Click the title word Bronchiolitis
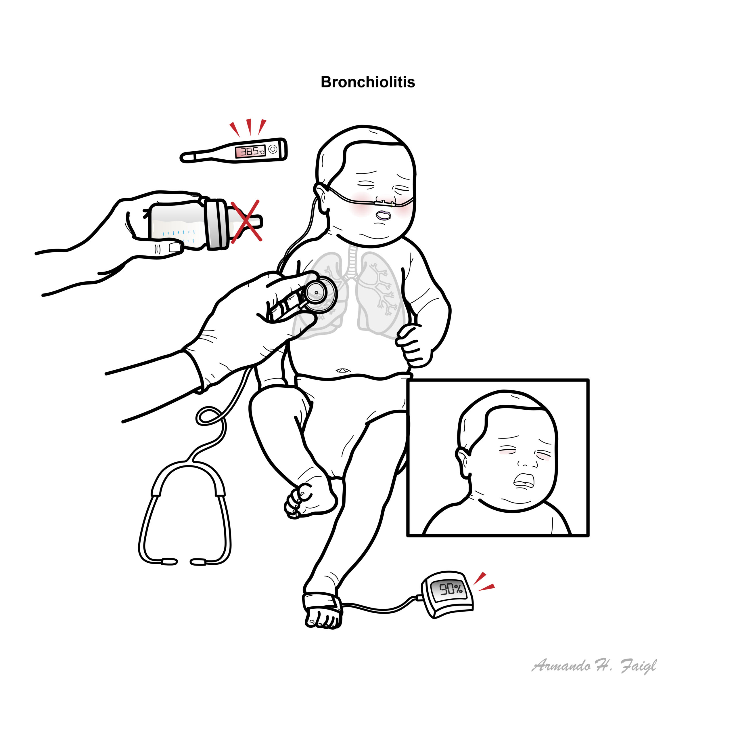point(368,82)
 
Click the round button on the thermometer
point(273,149)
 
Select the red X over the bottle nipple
point(246,221)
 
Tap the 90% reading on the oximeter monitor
point(451,589)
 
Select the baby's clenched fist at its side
point(414,345)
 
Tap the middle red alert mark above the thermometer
point(249,127)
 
